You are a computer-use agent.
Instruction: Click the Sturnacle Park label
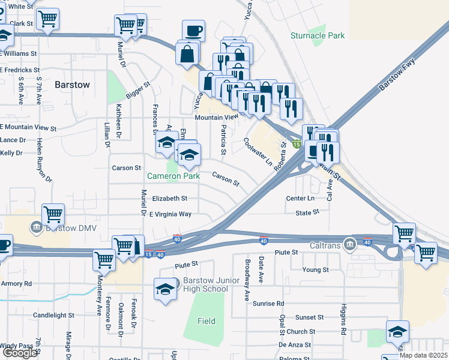[318, 35]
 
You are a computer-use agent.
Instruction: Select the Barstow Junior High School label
[205, 284]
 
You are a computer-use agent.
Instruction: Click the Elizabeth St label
[169, 198]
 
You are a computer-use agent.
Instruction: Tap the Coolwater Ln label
[258, 152]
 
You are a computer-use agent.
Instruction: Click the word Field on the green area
[206, 321]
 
